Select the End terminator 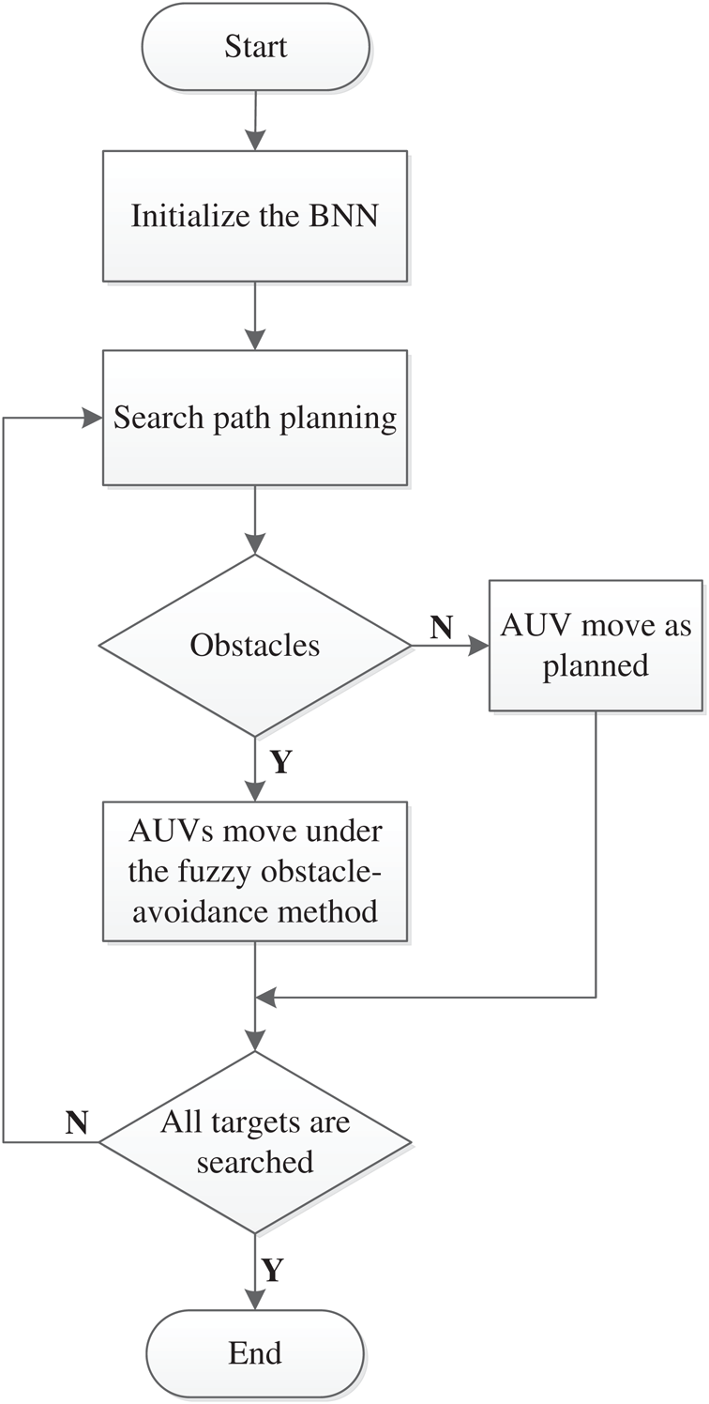(255, 1352)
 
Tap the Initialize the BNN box (255, 216)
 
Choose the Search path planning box (255, 418)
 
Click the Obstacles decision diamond (255, 646)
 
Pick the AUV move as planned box (596, 646)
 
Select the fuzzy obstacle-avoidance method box (255, 871)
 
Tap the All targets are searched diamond (255, 1142)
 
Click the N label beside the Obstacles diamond (442, 628)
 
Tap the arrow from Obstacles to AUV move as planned (450, 646)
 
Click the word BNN (353, 217)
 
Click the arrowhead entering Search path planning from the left (94, 418)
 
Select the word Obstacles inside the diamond (255, 646)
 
